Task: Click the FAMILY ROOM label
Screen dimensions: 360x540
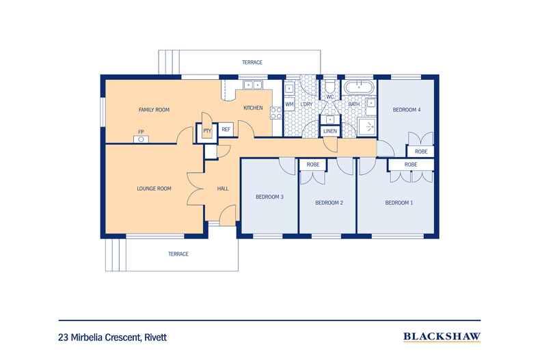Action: (x=154, y=109)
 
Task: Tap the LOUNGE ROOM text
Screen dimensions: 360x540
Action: (x=154, y=189)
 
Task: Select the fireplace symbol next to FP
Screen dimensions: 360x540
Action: (x=141, y=139)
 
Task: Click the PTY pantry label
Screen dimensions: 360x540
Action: (x=206, y=130)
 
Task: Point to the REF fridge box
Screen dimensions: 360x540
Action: (x=226, y=128)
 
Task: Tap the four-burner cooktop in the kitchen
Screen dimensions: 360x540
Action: (x=276, y=114)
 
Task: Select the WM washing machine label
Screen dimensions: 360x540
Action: (x=289, y=105)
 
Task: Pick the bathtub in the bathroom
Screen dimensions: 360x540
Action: (x=357, y=87)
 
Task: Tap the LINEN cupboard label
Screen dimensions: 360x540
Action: (x=329, y=130)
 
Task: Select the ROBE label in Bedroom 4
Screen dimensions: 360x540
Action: (x=421, y=152)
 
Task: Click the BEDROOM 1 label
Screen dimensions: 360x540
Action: (x=399, y=203)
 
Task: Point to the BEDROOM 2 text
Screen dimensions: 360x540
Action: (x=329, y=203)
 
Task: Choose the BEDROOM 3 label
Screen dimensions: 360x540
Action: (x=269, y=197)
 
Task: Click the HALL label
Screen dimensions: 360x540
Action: (x=223, y=189)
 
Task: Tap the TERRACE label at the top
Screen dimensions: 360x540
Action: (x=252, y=62)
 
